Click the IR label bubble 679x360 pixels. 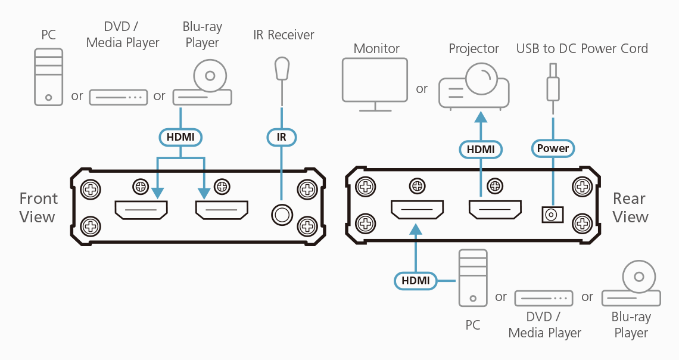(x=282, y=137)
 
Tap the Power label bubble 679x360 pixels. (x=553, y=148)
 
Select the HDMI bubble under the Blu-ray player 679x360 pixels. (x=180, y=137)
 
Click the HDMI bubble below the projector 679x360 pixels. (x=481, y=149)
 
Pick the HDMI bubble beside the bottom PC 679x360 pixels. (x=415, y=280)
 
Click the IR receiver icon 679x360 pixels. (x=282, y=68)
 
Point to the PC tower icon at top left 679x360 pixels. (x=48, y=77)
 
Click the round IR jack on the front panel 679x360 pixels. (x=281, y=213)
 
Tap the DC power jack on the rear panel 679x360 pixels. (x=552, y=214)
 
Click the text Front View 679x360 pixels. (x=38, y=207)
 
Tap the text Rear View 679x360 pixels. (x=630, y=207)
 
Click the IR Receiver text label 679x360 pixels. (x=283, y=35)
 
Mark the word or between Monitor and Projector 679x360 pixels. (x=422, y=89)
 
